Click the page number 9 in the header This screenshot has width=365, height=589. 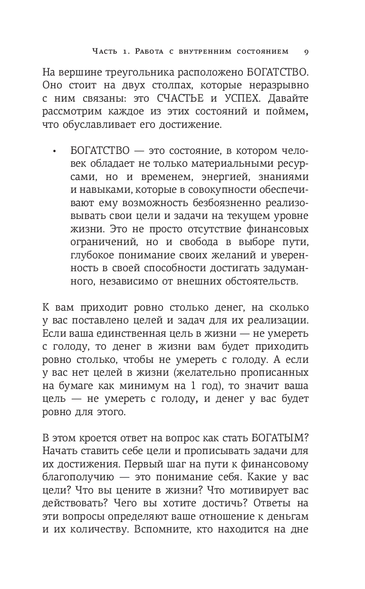[307, 51]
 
